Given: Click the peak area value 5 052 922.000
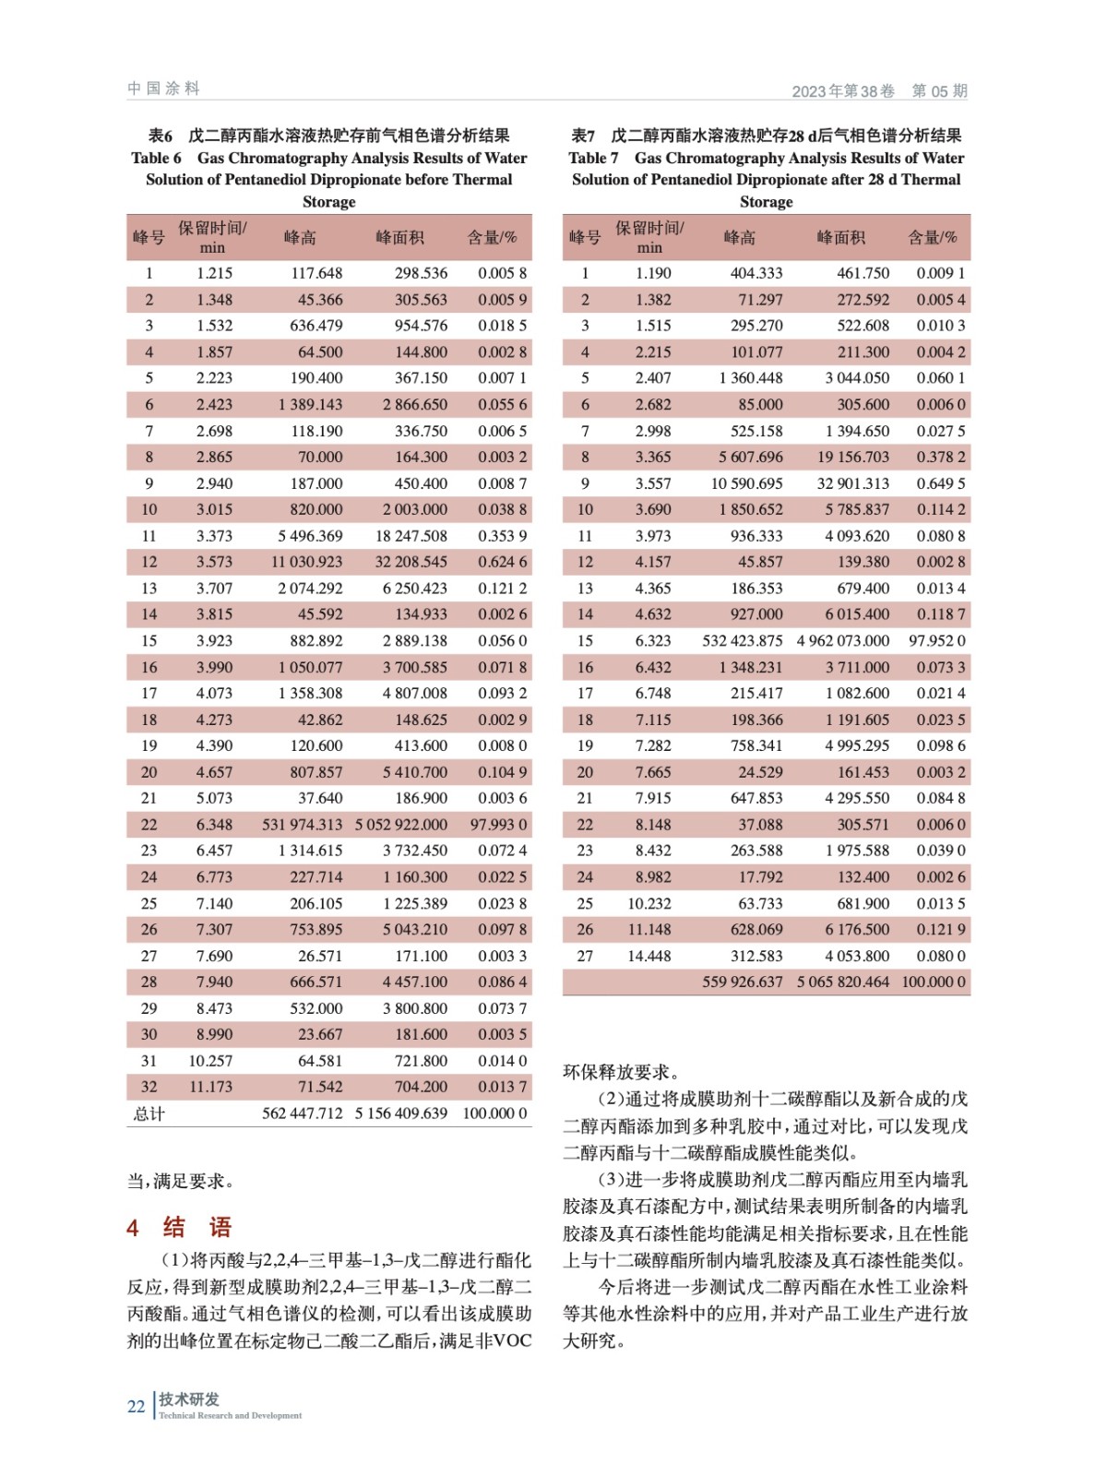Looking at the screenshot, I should (401, 825).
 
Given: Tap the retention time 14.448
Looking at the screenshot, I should (649, 956).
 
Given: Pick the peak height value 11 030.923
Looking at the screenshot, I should (306, 562).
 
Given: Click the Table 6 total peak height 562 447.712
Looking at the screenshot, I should (302, 1113).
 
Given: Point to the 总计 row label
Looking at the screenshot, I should (149, 1113).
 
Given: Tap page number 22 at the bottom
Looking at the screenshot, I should (136, 1407).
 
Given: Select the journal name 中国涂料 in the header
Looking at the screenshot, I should (163, 89).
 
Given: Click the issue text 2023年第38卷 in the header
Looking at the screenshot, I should (843, 91).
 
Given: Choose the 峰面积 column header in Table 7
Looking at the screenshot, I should (840, 237).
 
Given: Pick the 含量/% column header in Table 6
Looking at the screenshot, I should (493, 237).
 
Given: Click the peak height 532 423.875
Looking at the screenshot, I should (743, 640).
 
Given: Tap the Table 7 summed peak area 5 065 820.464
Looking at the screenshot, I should (843, 982).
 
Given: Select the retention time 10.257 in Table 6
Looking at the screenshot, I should (211, 1061).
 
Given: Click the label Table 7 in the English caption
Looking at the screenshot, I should (593, 158).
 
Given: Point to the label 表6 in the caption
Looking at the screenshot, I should (161, 136).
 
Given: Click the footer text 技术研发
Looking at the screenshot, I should (189, 1399).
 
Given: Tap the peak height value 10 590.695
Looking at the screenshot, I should (746, 483).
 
